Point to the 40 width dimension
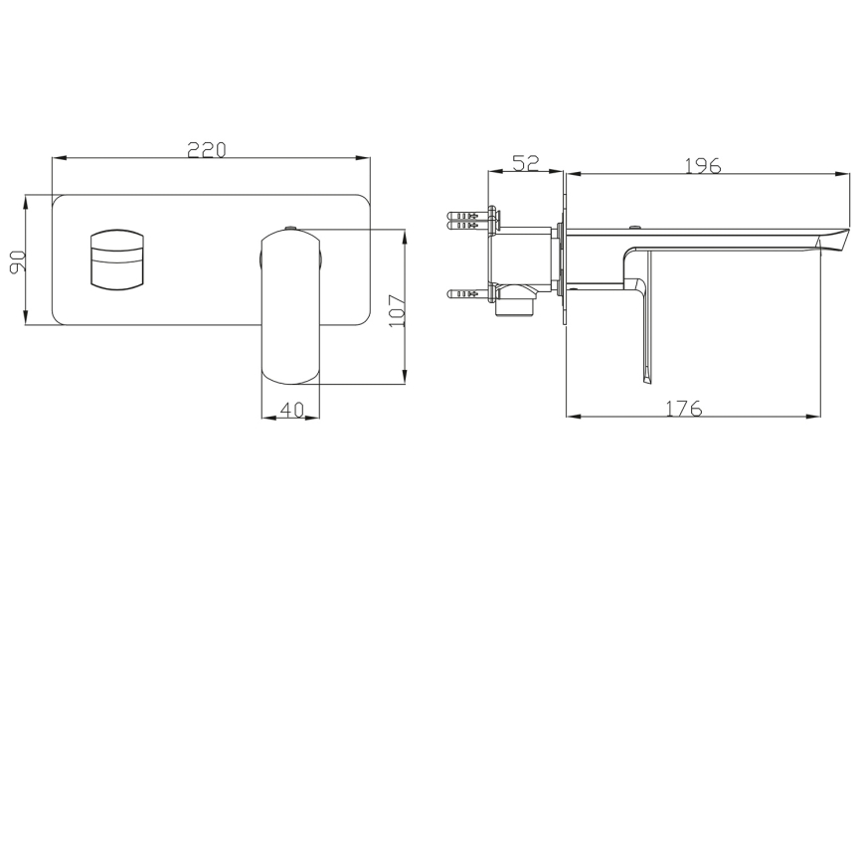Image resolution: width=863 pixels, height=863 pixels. (x=290, y=409)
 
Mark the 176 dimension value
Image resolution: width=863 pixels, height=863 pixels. (x=683, y=408)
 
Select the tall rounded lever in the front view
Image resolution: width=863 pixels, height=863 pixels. (x=290, y=308)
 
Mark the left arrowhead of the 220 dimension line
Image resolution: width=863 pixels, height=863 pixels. (x=57, y=157)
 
